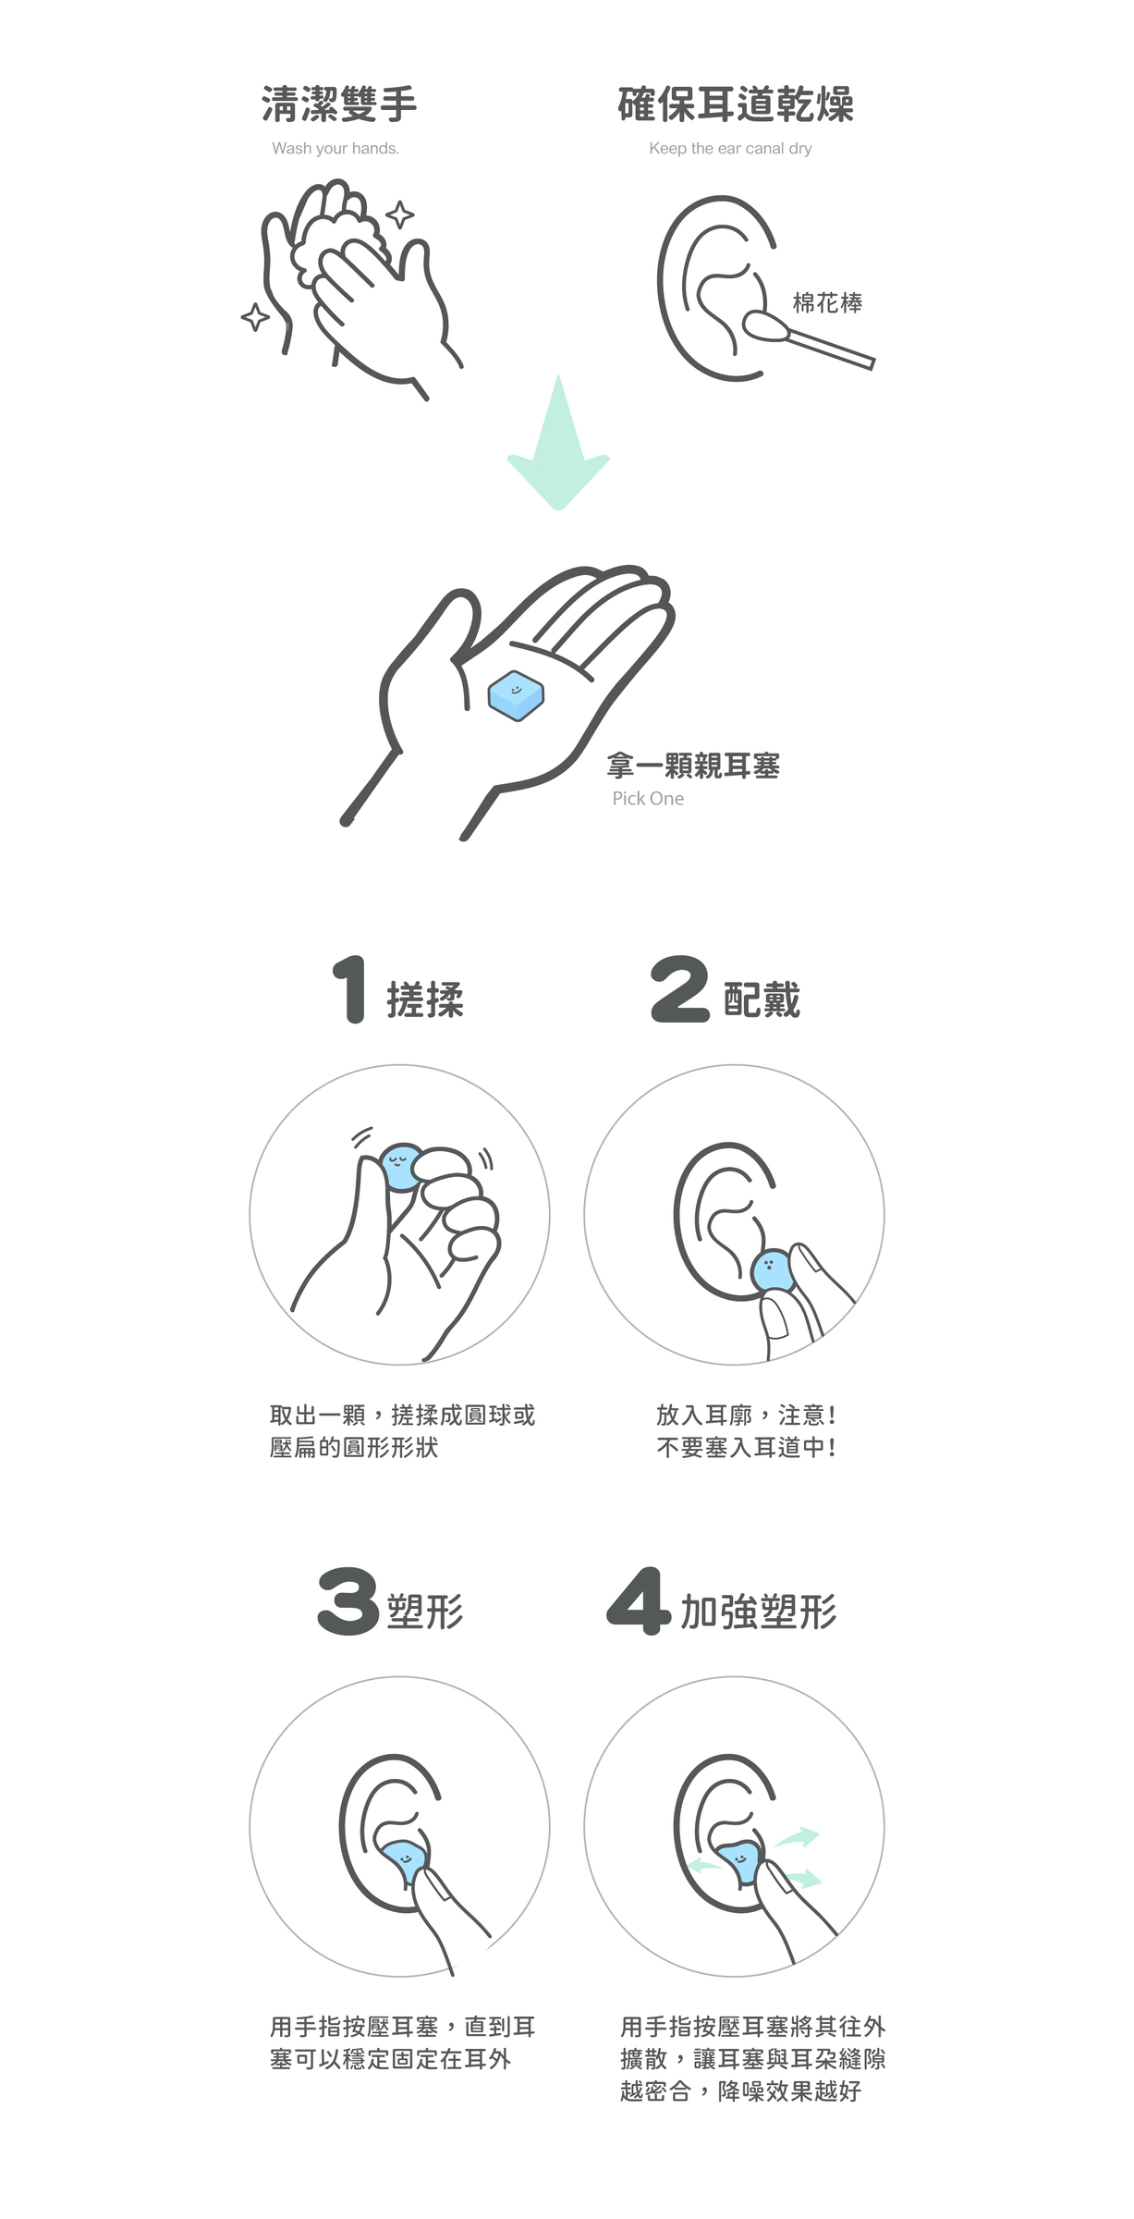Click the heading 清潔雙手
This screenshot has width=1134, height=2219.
pos(339,104)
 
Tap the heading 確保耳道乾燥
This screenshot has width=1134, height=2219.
pos(736,104)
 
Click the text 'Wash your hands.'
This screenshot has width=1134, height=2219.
pos(335,148)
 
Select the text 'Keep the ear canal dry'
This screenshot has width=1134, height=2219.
pos(730,148)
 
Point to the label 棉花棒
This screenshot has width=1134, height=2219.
pos(827,303)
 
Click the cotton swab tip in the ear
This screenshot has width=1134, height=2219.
pos(764,325)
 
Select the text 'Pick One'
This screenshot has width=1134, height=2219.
pos(648,799)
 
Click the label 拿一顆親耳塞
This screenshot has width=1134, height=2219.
pos(693,766)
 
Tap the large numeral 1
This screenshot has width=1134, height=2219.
pos(349,990)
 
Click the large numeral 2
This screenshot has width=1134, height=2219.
pos(680,990)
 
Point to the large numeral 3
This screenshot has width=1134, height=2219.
pos(348,1601)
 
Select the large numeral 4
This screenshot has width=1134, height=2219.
pos(639,1601)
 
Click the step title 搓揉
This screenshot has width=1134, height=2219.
pos(425,1000)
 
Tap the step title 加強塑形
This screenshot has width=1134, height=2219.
pos(759,1612)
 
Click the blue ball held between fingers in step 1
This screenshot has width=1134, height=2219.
pos(402,1167)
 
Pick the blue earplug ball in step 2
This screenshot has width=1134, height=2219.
pos(773,1271)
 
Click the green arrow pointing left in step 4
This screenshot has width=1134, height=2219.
pos(707,1866)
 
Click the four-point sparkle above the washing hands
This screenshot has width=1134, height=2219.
pos(399,215)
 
